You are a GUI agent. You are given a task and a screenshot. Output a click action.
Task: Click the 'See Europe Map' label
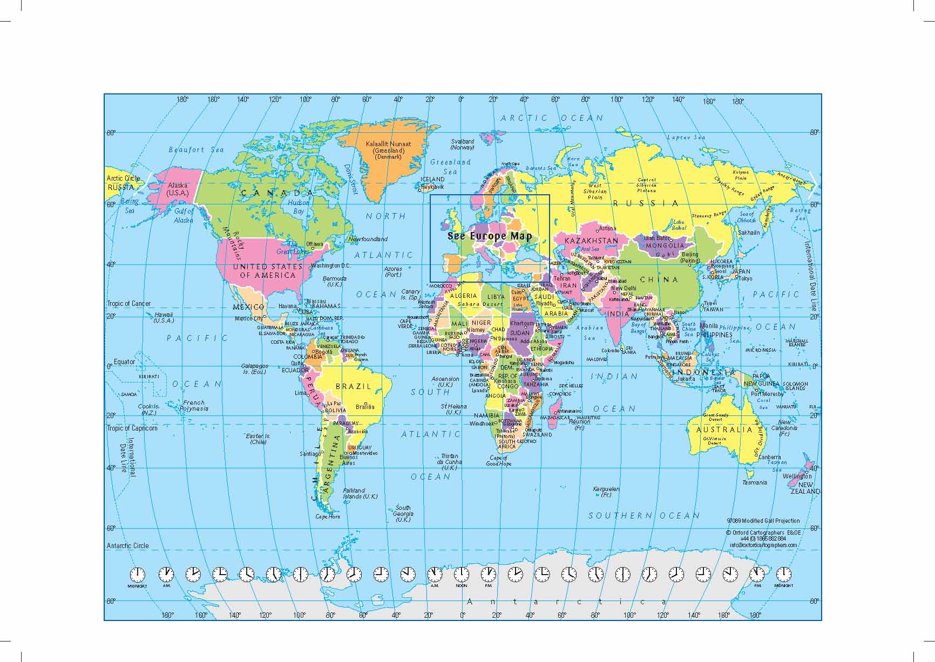[490, 236]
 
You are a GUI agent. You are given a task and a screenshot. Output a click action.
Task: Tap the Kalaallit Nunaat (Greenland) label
[388, 151]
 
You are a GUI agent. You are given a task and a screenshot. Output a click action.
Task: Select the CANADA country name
[277, 193]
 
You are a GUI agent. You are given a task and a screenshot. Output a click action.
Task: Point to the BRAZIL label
[354, 386]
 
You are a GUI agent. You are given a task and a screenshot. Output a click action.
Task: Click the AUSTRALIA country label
[724, 430]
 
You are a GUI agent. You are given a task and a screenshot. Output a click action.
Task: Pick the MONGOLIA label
[665, 245]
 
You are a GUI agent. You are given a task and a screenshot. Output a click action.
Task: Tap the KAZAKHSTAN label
[591, 241]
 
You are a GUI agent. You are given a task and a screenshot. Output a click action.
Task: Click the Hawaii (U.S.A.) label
[164, 317]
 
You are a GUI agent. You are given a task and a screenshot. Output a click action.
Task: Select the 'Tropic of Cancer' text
[129, 303]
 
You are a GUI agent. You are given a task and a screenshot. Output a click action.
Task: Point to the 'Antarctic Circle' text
[127, 545]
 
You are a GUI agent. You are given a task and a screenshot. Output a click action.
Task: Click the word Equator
[125, 362]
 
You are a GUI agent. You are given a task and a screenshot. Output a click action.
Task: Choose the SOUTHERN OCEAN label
[643, 516]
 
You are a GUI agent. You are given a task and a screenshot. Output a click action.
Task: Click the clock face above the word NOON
[462, 575]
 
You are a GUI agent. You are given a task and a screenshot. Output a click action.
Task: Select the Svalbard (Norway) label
[463, 144]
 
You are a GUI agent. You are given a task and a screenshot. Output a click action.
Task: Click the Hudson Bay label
[298, 207]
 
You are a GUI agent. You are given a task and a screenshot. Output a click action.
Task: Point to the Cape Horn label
[328, 516]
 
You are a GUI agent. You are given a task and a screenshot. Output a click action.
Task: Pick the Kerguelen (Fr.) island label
[606, 492]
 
